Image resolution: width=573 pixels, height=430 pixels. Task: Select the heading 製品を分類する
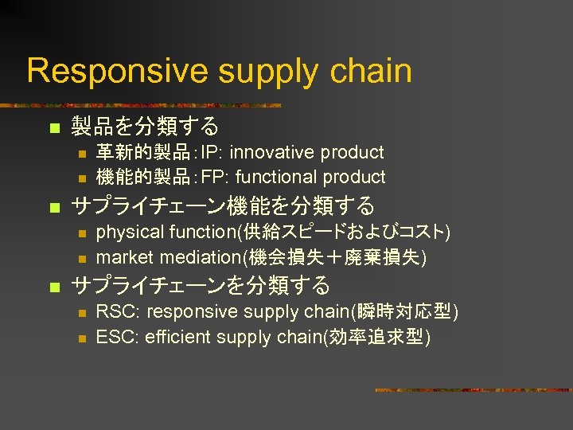[145, 126]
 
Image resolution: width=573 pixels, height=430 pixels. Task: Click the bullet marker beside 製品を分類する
[53, 127]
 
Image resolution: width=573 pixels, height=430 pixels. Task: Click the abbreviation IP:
[211, 152]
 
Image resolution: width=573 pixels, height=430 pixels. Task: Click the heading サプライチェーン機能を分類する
[223, 205]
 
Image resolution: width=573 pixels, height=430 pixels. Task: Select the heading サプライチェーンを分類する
[201, 285]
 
